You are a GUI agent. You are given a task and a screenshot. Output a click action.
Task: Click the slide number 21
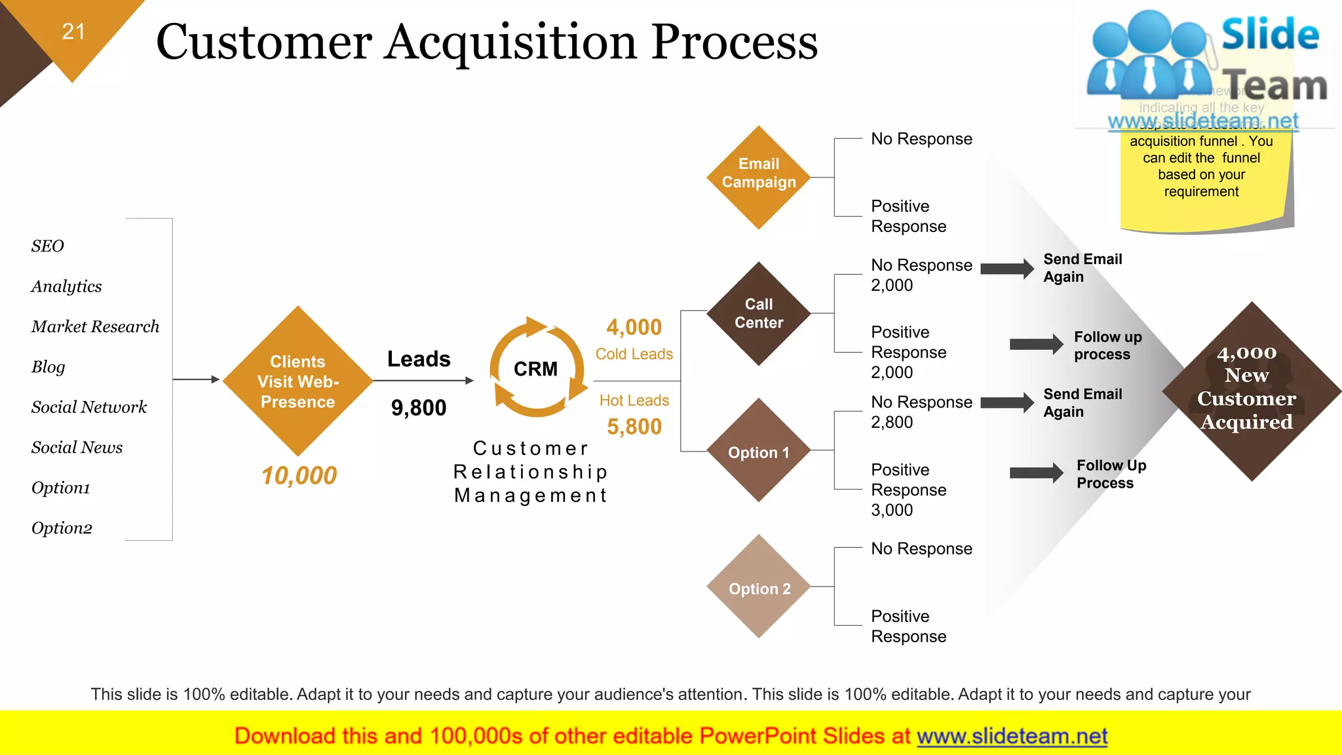point(73,31)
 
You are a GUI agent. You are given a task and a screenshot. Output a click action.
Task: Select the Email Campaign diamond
point(759,177)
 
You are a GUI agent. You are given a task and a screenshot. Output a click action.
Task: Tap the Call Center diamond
point(759,313)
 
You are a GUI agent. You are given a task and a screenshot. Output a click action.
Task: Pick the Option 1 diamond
point(759,451)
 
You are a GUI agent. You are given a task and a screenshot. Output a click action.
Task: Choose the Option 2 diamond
point(759,587)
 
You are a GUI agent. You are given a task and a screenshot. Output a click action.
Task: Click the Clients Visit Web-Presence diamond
point(297,381)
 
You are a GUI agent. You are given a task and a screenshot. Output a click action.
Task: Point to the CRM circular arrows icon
point(537,368)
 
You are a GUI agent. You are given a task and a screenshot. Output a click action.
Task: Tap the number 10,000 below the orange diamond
point(299,475)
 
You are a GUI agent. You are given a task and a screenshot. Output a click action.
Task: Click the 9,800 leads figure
point(419,408)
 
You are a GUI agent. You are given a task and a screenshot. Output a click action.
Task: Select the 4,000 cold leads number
point(634,327)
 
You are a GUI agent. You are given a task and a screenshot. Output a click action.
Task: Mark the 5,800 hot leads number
point(634,427)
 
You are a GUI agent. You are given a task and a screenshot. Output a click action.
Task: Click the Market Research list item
point(95,326)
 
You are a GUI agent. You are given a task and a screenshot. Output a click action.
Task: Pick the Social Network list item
point(89,407)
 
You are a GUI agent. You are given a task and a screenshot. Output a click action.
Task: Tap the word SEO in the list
point(47,246)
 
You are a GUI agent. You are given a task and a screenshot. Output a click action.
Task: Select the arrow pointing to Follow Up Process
point(1036,473)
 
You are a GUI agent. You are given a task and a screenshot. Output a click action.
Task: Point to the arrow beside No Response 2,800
point(1006,403)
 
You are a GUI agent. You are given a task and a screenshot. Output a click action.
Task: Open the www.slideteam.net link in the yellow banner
point(1012,736)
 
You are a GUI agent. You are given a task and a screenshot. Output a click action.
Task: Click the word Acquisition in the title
point(512,42)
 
